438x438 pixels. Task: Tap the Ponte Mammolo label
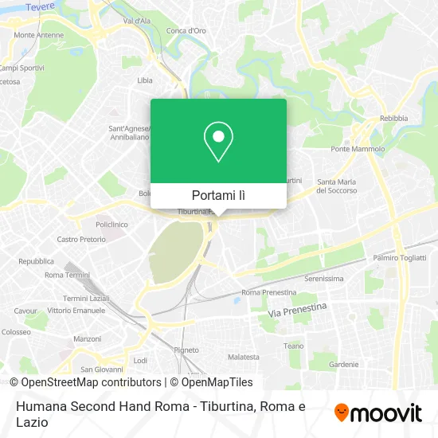click(x=358, y=149)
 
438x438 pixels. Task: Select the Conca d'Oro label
click(x=186, y=31)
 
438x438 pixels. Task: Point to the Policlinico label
click(x=111, y=225)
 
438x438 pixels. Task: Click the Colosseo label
click(x=16, y=332)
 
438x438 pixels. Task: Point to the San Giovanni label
click(x=101, y=370)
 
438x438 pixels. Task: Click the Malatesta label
click(x=244, y=357)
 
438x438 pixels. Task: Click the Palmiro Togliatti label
click(x=400, y=259)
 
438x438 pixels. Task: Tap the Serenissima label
click(x=324, y=279)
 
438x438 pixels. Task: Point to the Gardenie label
click(x=344, y=365)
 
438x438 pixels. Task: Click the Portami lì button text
click(x=218, y=195)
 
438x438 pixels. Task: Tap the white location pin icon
click(x=218, y=142)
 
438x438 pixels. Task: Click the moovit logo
click(x=377, y=413)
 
